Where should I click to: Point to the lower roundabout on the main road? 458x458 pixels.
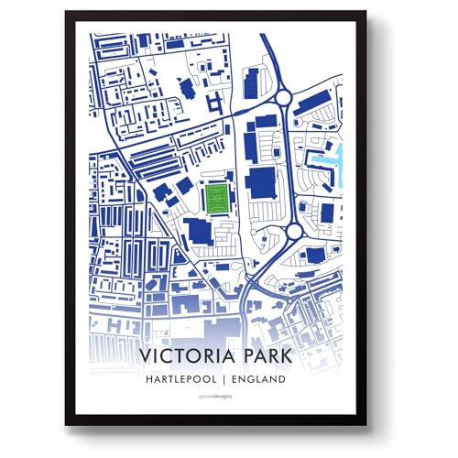pyautogui.click(x=295, y=233)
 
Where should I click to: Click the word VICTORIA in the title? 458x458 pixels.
pyautogui.click(x=189, y=354)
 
